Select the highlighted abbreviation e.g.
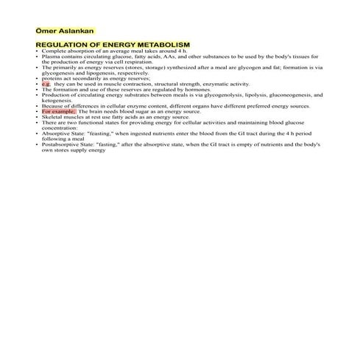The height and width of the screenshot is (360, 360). [x=46, y=84]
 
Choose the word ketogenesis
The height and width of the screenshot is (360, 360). [x=56, y=100]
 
